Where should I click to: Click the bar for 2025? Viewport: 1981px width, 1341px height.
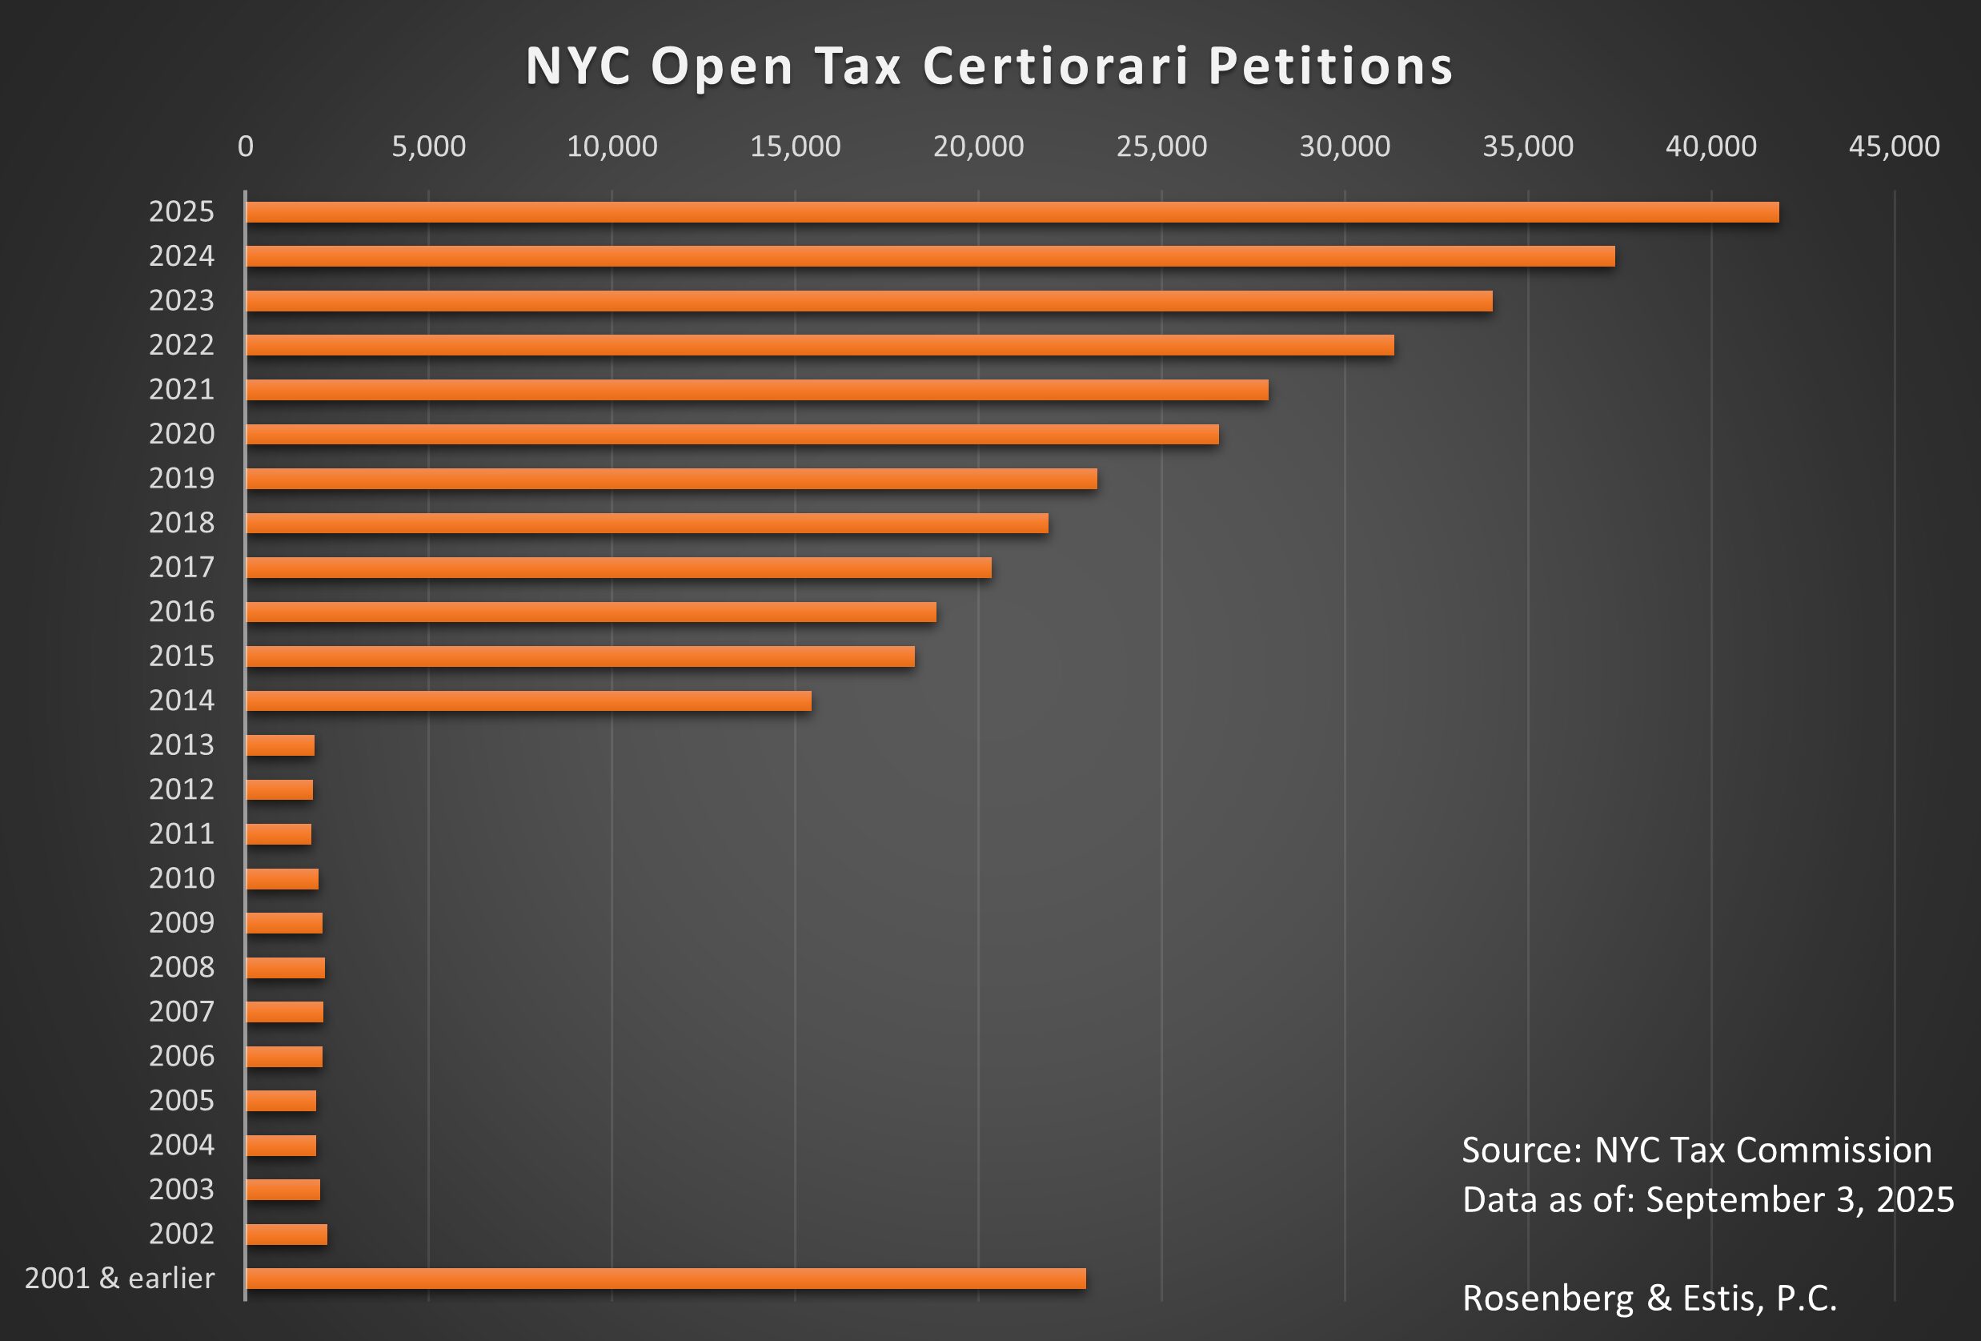click(1012, 212)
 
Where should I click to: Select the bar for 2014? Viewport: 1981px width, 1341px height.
click(528, 701)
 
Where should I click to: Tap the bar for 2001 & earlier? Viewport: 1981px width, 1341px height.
click(666, 1278)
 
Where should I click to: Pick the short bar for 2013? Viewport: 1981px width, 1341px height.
click(280, 745)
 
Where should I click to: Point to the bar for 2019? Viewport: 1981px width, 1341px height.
click(672, 478)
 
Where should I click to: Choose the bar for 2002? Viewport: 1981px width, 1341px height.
click(287, 1234)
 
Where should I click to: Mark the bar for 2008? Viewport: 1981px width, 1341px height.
click(286, 968)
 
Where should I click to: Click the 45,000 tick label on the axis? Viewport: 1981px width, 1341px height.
click(1894, 147)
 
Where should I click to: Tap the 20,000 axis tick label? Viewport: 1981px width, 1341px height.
click(978, 147)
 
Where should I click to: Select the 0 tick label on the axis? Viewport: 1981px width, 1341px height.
click(246, 147)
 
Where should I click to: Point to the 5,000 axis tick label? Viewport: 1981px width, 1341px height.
click(429, 147)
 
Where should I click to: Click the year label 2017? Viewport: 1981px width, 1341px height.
click(182, 567)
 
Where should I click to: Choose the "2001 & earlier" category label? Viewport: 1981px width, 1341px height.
click(119, 1278)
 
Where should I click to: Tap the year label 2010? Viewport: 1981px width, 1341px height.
click(182, 878)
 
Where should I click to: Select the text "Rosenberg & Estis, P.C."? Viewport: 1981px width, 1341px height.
click(1650, 1298)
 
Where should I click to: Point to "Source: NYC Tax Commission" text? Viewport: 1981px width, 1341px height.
click(1696, 1150)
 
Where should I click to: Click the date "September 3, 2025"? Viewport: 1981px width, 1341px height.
click(1799, 1199)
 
